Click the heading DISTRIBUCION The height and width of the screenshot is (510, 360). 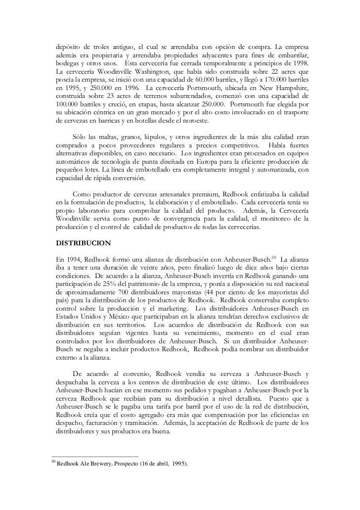click(84, 244)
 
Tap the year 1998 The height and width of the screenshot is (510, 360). click(300, 64)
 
